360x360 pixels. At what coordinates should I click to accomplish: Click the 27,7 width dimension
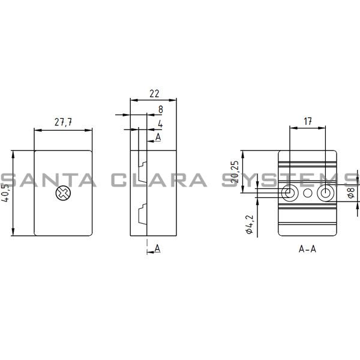pos(63,122)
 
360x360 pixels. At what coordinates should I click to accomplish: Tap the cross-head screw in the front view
pos(62,193)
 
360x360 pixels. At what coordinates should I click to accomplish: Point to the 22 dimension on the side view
pos(154,94)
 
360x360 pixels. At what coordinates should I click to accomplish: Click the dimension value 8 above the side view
pos(160,110)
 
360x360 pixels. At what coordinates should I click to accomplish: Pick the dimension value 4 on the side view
pos(160,124)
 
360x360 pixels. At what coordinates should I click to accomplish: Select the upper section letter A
pos(158,137)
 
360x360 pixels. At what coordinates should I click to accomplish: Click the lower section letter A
pos(157,248)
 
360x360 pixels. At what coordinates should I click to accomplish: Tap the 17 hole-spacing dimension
pos(308,121)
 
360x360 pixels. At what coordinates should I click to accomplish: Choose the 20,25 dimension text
pos(236,172)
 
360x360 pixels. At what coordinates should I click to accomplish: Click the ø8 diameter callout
pos(350,193)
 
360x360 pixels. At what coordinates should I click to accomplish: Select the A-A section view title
pos(307,248)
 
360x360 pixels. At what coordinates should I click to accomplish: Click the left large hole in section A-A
pos(289,193)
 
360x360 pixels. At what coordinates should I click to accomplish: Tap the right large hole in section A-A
pos(325,193)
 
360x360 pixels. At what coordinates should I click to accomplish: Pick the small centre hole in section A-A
pos(308,193)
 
